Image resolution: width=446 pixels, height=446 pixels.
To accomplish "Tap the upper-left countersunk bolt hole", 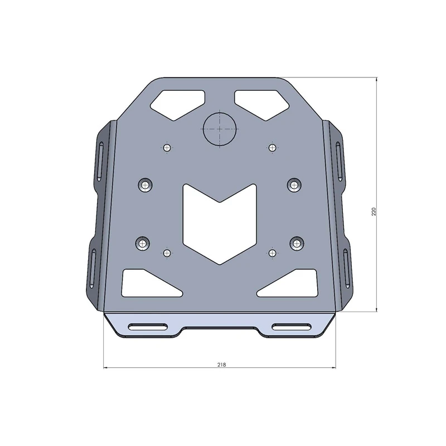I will point(146,185).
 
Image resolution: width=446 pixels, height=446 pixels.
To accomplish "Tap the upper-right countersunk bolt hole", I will point(295,184).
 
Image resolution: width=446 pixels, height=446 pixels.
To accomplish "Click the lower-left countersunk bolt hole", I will point(144,243).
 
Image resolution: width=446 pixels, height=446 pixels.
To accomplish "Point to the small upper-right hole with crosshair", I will point(272,147).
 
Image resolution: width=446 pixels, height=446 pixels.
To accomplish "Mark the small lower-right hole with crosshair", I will point(272,253).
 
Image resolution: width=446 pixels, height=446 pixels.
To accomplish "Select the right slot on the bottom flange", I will point(292,327).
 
